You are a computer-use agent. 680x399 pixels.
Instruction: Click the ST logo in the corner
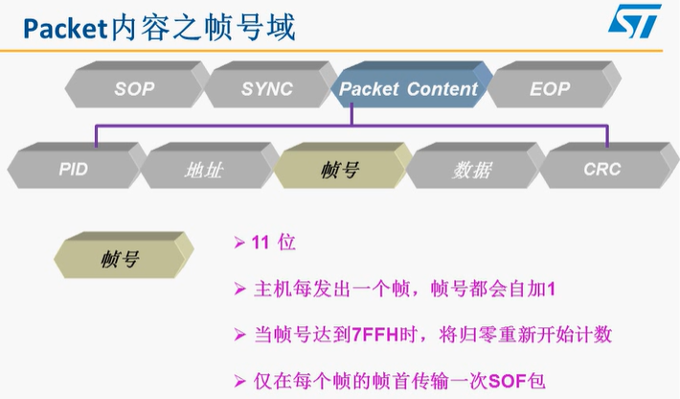coord(635,21)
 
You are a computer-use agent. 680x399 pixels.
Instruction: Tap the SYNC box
coord(267,89)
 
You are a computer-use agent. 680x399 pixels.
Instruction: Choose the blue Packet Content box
coord(409,89)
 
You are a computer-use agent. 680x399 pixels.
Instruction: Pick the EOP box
coord(550,89)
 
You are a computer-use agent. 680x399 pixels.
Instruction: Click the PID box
coord(72,170)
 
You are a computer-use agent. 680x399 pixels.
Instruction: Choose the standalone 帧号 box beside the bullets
coord(120,258)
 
